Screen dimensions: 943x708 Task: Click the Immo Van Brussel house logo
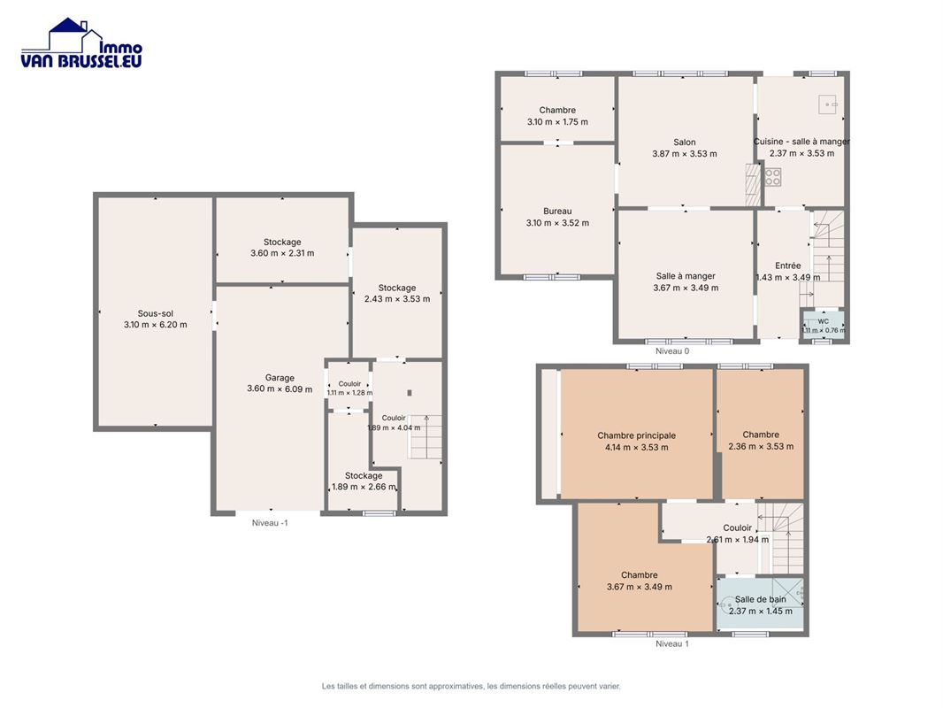tap(81, 42)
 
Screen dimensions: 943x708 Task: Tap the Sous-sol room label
tap(155, 313)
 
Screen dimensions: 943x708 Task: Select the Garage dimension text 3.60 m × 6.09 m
tap(280, 389)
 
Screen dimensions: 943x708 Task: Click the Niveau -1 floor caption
tap(270, 523)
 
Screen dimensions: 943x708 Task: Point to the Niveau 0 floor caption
tap(672, 350)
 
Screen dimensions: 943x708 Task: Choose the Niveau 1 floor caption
tap(672, 643)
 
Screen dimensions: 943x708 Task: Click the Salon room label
tap(685, 142)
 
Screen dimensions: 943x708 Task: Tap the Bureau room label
tap(557, 212)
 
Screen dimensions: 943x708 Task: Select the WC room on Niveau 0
tap(823, 326)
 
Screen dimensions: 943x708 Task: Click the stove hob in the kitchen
tap(773, 176)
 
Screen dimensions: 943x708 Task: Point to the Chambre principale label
tap(636, 435)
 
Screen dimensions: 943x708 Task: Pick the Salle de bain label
tap(760, 599)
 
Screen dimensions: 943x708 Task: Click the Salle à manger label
tap(686, 276)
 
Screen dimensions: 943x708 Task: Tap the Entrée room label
tap(788, 265)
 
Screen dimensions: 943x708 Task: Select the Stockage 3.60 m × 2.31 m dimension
tap(282, 253)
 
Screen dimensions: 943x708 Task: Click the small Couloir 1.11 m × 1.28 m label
tap(349, 388)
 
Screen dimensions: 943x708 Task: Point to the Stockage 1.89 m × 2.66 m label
tap(364, 481)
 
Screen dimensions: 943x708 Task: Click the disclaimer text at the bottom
tap(471, 686)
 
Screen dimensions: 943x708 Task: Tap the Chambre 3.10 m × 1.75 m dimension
tap(557, 121)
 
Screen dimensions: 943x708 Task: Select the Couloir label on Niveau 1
tap(737, 527)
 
